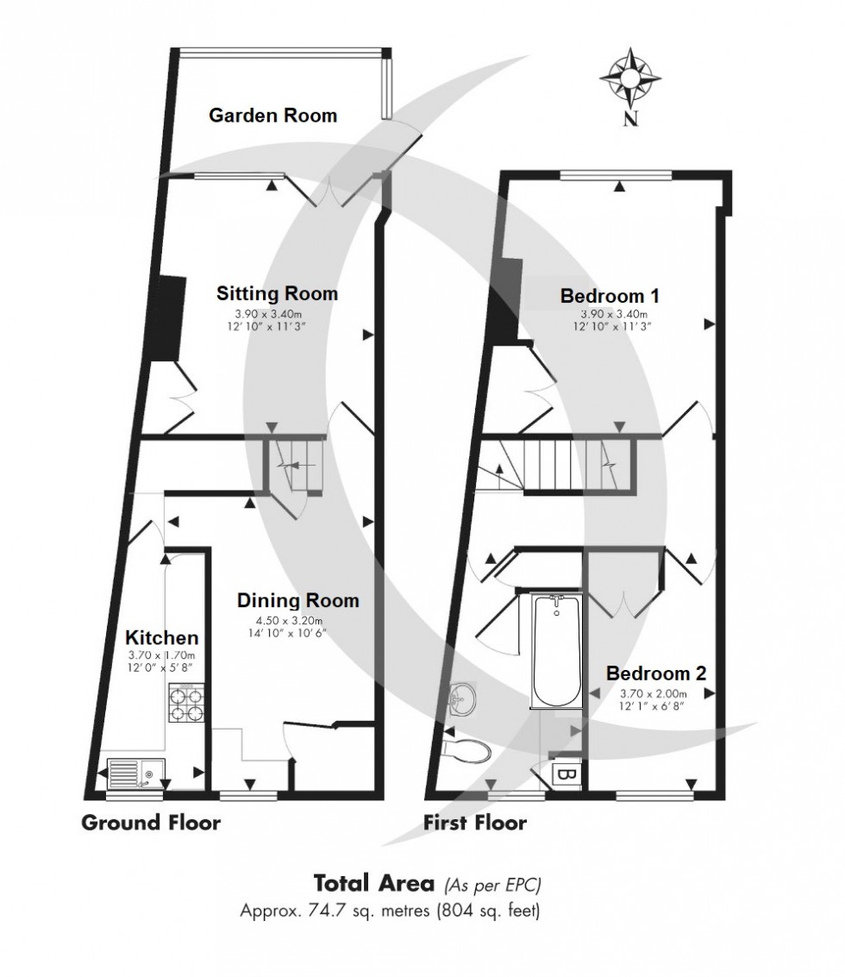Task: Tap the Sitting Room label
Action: (x=277, y=294)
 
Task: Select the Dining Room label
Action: (x=298, y=600)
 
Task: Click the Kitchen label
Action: (x=162, y=638)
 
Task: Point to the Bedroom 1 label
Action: (x=610, y=296)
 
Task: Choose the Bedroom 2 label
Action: (x=656, y=673)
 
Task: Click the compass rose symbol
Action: (x=632, y=78)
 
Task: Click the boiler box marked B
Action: (x=566, y=774)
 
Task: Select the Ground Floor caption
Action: (x=151, y=823)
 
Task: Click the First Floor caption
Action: (x=474, y=823)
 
